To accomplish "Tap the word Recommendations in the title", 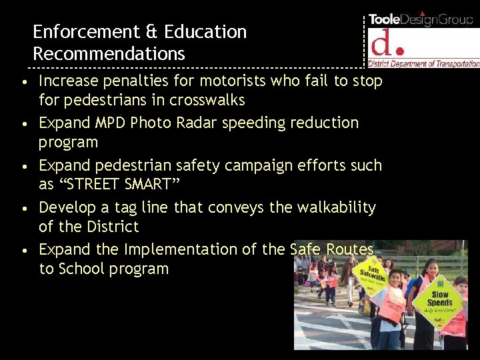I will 109,53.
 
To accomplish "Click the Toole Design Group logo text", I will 421,19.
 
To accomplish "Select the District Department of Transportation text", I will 424,64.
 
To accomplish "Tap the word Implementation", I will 168,249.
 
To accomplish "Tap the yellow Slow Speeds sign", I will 440,299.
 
